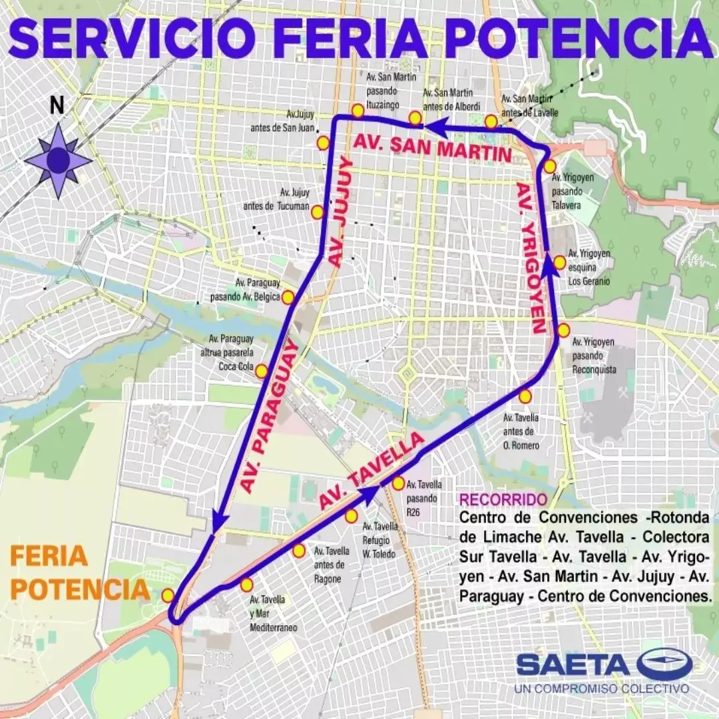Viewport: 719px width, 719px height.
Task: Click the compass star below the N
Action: tap(58, 160)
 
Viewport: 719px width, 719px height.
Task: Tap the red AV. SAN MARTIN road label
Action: tap(433, 148)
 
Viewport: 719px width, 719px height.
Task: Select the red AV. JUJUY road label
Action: tap(340, 211)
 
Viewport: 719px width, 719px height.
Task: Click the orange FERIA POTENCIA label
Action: tap(80, 573)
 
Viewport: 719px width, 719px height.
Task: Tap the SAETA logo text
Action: tap(573, 664)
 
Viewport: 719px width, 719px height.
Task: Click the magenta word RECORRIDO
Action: tap(503, 499)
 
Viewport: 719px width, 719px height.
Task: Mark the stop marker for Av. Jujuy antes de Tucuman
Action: tap(318, 212)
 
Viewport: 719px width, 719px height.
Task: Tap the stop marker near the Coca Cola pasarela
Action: tap(262, 371)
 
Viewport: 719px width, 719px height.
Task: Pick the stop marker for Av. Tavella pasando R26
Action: tap(398, 483)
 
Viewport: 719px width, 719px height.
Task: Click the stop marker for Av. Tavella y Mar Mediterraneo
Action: tap(246, 585)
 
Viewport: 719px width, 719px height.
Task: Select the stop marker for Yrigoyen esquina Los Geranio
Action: tap(559, 262)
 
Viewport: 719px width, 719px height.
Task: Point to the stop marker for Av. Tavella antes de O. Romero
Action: tap(525, 397)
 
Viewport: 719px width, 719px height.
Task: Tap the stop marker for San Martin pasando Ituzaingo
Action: tap(358, 111)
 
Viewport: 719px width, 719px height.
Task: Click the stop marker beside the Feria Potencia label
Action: tap(168, 595)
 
